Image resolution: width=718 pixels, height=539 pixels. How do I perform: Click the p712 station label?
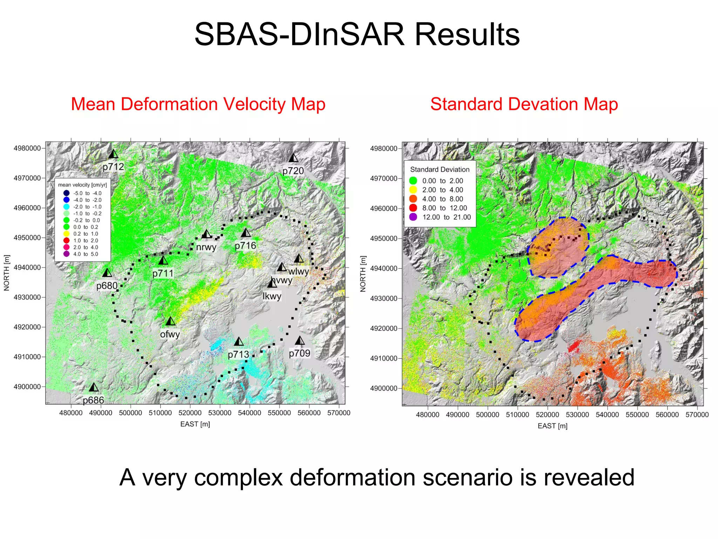[x=113, y=167]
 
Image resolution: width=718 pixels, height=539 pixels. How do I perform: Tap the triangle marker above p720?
[x=293, y=158]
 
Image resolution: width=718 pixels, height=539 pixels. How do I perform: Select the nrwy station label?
[x=206, y=247]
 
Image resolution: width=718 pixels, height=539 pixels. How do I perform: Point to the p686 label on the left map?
[x=93, y=400]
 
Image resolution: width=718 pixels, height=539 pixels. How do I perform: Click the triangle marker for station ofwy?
[x=170, y=321]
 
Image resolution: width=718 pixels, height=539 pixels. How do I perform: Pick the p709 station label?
[x=299, y=353]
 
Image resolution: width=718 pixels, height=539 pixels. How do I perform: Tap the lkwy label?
[x=272, y=296]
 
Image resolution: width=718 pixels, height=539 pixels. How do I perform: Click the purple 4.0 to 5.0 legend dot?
[x=66, y=254]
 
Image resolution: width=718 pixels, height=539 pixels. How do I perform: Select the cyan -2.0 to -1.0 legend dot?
[x=66, y=207]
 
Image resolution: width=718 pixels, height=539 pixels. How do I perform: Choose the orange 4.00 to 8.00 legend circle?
[x=413, y=199]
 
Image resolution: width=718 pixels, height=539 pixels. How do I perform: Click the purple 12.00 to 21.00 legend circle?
[x=413, y=217]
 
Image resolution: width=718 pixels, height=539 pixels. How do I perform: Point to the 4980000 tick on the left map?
[x=27, y=148]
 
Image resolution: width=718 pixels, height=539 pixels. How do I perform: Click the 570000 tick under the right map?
[x=697, y=415]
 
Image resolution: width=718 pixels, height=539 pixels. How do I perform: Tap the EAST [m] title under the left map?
[x=195, y=424]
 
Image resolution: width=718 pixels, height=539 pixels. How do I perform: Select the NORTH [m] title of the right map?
[x=363, y=274]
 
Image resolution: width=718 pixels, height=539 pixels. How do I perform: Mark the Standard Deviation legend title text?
[x=440, y=169]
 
